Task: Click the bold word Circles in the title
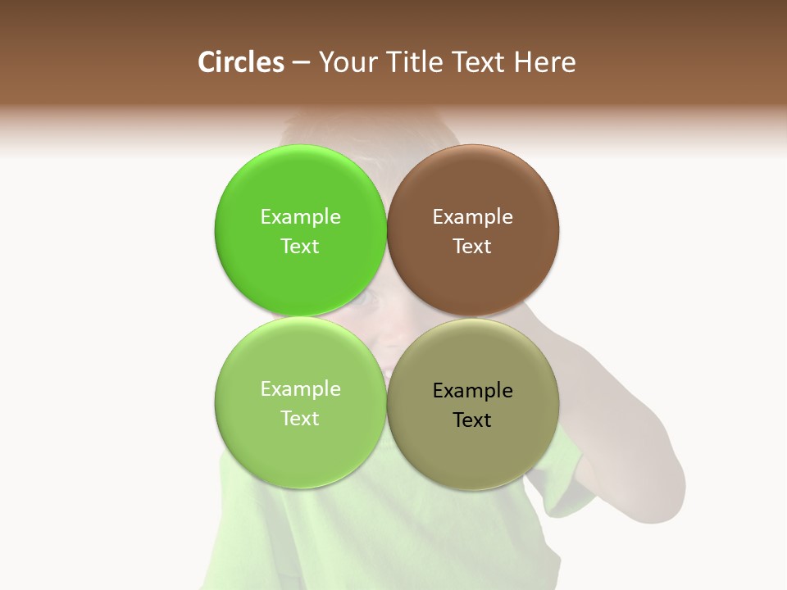(x=241, y=62)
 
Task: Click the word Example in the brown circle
(x=472, y=217)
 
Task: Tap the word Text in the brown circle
(x=472, y=247)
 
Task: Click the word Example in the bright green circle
(x=300, y=217)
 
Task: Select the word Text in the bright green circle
(x=300, y=247)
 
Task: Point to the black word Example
(x=472, y=391)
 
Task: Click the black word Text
(x=472, y=420)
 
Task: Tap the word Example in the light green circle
(x=300, y=389)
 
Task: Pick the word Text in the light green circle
(x=300, y=419)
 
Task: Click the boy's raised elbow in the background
(x=656, y=483)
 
